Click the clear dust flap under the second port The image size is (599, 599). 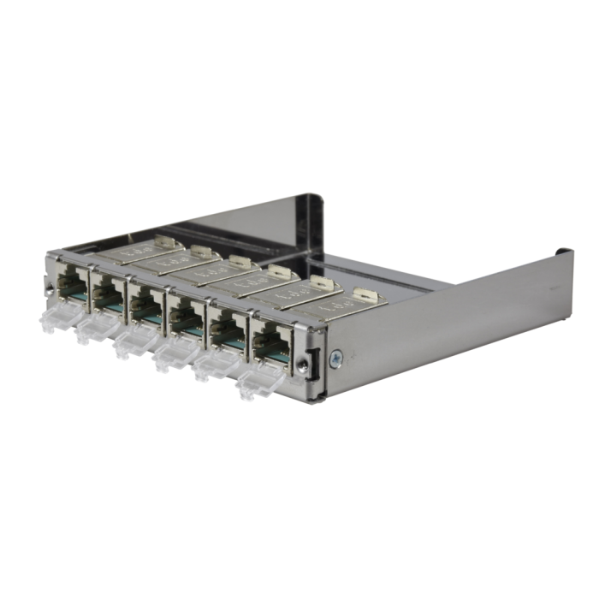[x=92, y=330]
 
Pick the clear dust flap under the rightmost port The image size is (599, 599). [x=258, y=384]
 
